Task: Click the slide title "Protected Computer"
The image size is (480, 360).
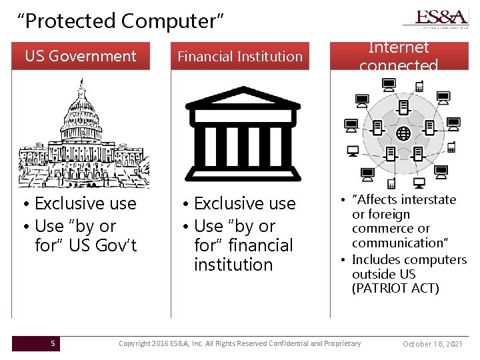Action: [x=120, y=21]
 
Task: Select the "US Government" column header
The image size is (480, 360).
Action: [x=80, y=57]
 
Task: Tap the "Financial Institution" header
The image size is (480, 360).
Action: [x=240, y=57]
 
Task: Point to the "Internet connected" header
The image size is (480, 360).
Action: [x=399, y=56]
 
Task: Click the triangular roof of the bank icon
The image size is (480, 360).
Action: [x=242, y=100]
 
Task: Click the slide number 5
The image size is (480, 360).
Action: [x=53, y=343]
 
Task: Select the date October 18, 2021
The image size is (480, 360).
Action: [x=433, y=344]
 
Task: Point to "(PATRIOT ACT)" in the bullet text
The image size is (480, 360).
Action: [x=395, y=288]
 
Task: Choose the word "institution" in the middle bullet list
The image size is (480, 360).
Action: [x=233, y=265]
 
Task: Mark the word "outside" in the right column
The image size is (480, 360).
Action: [x=375, y=274]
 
